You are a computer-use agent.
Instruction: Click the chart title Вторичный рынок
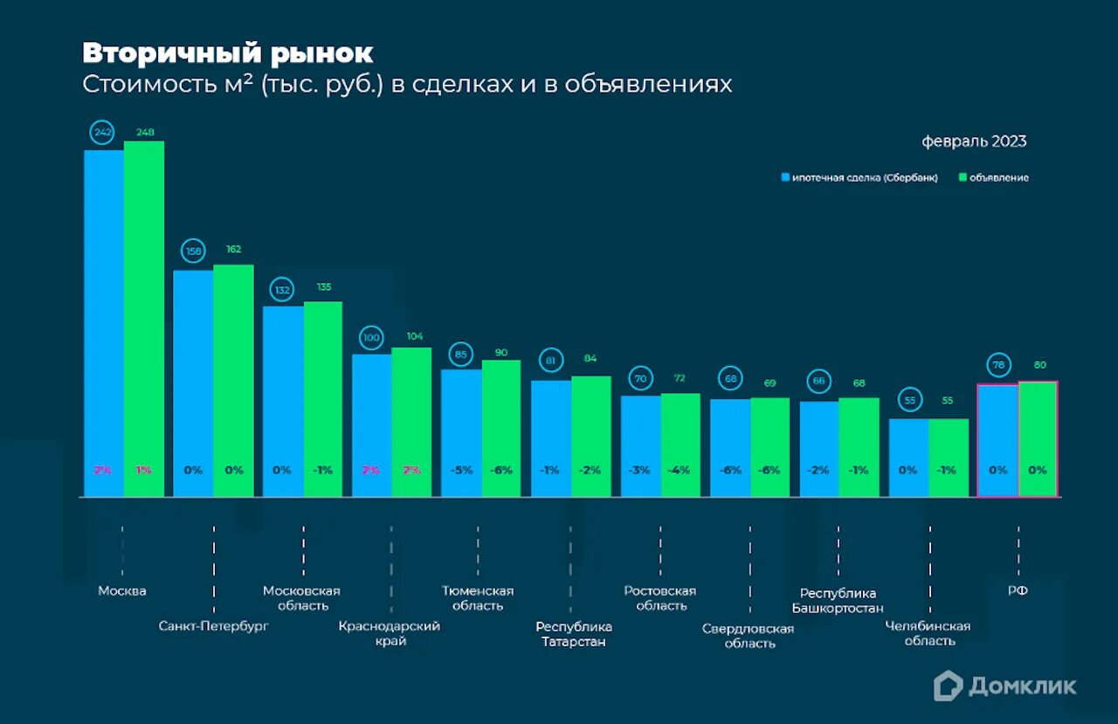(x=228, y=53)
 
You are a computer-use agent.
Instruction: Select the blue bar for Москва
(x=103, y=323)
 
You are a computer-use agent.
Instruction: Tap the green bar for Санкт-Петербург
(x=233, y=380)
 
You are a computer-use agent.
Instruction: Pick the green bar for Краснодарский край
(x=411, y=422)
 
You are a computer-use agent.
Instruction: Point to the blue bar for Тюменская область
(x=461, y=432)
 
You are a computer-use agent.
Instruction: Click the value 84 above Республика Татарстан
(x=590, y=357)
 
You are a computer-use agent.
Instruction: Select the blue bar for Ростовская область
(x=640, y=445)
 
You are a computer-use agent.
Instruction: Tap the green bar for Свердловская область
(x=770, y=447)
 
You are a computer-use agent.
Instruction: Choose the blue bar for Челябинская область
(x=908, y=458)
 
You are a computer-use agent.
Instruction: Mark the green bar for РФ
(x=1038, y=438)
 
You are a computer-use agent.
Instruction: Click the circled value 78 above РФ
(x=997, y=364)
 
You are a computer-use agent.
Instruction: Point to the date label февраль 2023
(x=974, y=141)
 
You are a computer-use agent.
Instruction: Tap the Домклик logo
(x=1004, y=686)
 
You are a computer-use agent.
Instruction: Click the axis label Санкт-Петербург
(x=213, y=626)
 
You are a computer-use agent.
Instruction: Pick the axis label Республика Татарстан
(x=574, y=634)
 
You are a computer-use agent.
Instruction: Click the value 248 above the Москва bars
(x=144, y=133)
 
